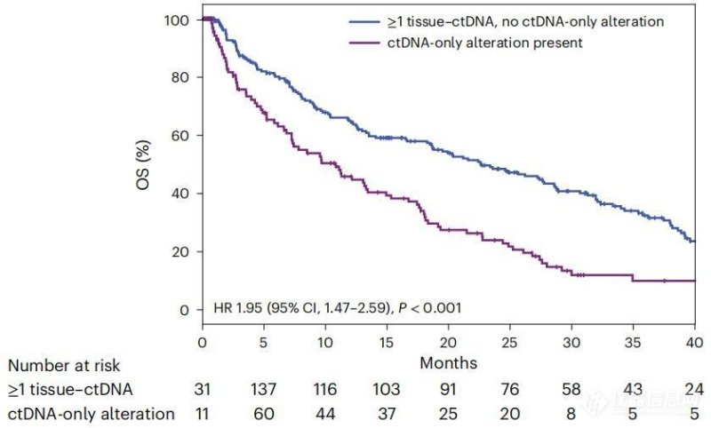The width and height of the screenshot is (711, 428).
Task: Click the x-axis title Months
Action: click(448, 362)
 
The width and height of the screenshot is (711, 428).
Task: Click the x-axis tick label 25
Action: click(509, 344)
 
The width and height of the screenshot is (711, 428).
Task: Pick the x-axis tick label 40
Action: click(693, 344)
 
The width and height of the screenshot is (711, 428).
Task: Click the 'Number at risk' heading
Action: click(63, 366)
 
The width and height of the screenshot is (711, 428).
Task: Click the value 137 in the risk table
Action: click(264, 389)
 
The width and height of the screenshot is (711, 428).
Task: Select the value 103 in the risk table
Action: click(387, 389)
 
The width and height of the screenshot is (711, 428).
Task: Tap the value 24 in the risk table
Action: click(693, 389)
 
